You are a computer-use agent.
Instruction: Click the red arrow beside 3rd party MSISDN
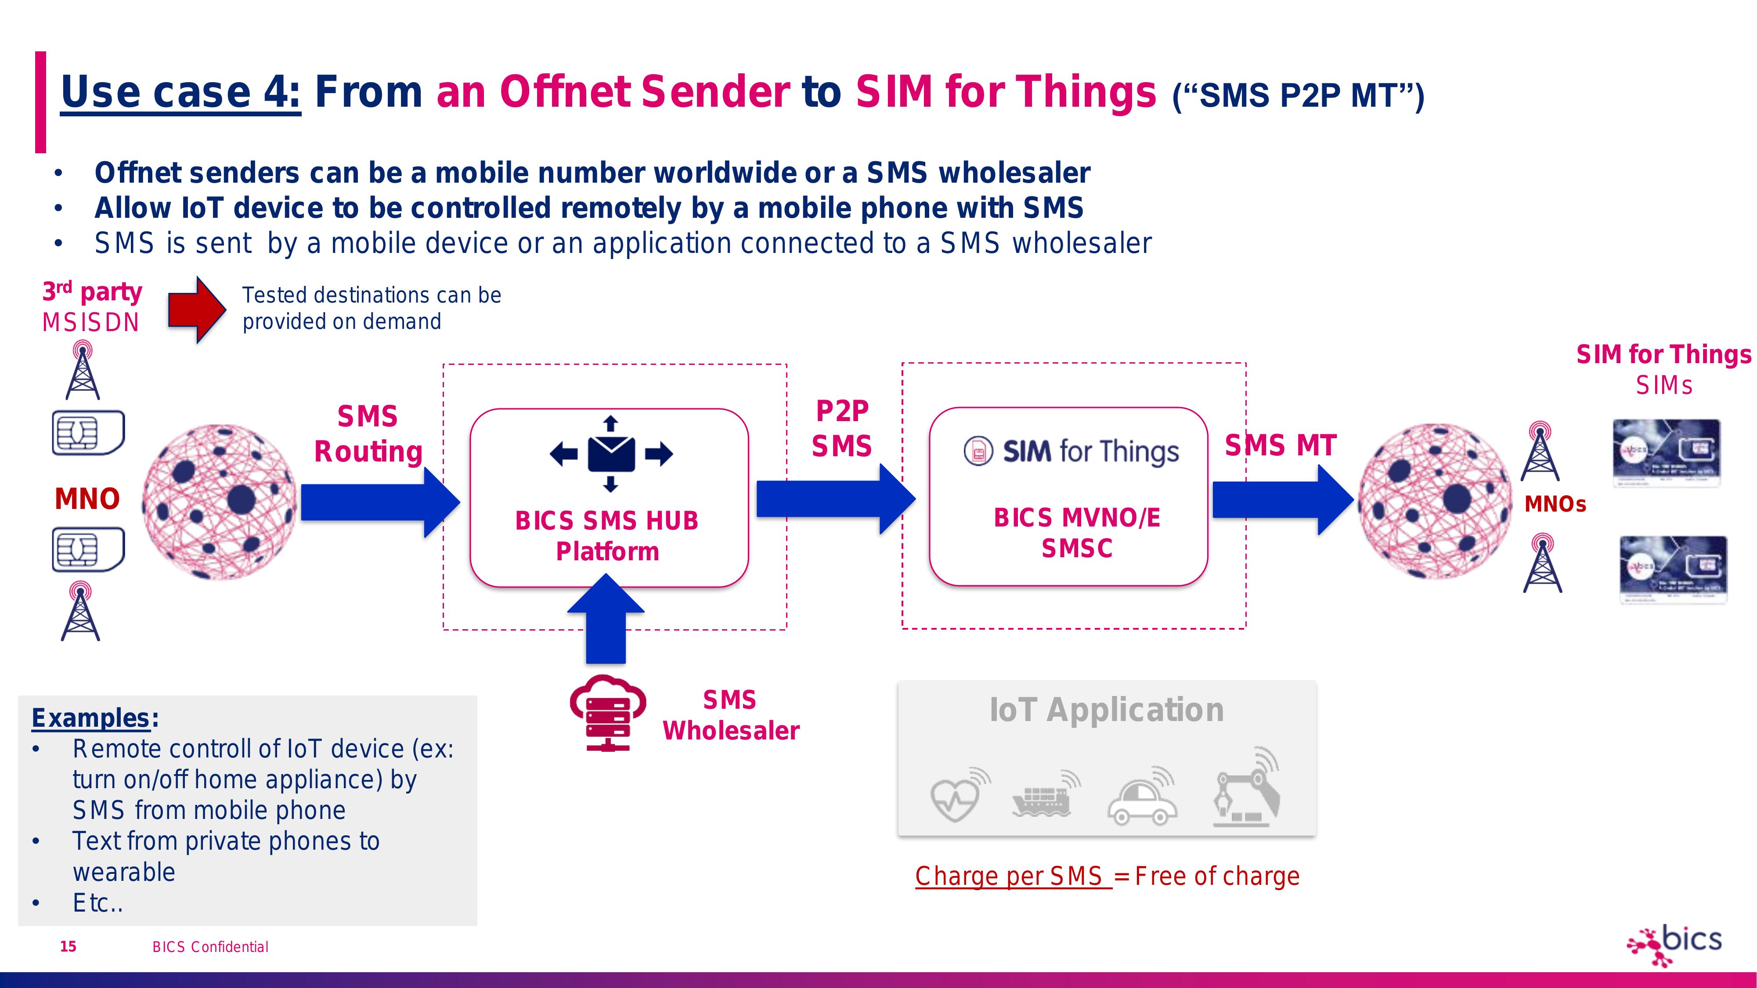[196, 310]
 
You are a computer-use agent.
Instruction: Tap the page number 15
[68, 946]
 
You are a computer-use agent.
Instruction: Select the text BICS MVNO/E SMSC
[1077, 533]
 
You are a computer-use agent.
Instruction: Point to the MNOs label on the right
[1555, 505]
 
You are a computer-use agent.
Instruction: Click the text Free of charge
[1217, 876]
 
